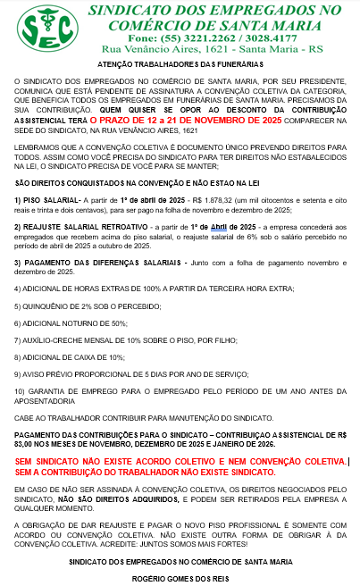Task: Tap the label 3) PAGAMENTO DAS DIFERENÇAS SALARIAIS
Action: pyautogui.click(x=90, y=262)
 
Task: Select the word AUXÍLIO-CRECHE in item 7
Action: pyautogui.click(x=56, y=339)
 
